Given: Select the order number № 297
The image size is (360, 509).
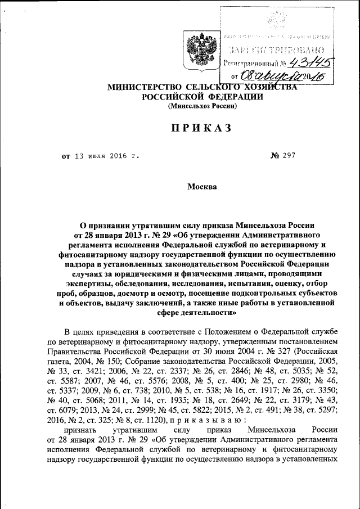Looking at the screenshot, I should click(283, 156).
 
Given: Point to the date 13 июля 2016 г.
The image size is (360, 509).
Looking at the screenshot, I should click(106, 156).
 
